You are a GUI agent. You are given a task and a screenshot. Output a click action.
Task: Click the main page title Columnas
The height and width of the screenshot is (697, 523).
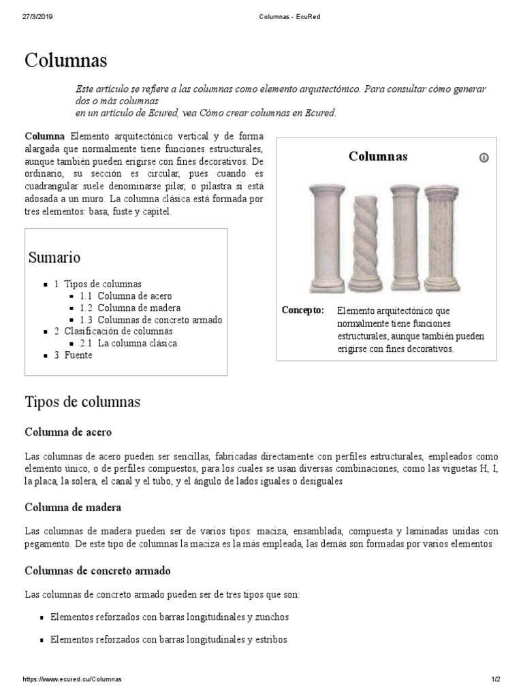click(x=66, y=61)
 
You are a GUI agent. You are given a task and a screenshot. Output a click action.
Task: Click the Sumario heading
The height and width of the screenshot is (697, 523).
click(x=54, y=257)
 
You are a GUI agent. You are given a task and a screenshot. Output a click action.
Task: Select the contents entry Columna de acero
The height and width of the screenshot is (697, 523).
click(x=134, y=296)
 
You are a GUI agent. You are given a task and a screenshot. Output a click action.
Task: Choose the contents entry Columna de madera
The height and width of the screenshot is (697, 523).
click(x=139, y=308)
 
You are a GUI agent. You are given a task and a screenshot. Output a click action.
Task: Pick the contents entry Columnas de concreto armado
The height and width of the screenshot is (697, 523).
click(x=159, y=320)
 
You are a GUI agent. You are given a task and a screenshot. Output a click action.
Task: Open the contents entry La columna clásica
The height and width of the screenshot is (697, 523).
click(x=137, y=343)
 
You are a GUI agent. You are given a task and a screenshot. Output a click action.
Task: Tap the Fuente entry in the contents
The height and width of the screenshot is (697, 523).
click(x=78, y=355)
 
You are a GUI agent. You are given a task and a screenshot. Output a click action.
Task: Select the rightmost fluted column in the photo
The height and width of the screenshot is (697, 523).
click(x=442, y=237)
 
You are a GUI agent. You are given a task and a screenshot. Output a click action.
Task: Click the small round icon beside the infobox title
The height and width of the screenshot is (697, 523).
click(x=484, y=158)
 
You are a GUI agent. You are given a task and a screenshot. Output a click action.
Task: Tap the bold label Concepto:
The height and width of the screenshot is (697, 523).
click(x=303, y=310)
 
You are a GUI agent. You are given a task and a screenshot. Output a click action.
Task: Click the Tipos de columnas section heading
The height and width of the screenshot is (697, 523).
click(x=82, y=402)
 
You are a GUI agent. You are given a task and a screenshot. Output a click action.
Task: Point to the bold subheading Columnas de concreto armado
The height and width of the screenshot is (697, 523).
click(x=97, y=570)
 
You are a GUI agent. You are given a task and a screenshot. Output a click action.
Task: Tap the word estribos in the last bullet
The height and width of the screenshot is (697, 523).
click(x=270, y=640)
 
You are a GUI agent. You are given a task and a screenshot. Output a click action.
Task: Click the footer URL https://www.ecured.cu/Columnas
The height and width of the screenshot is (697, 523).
click(x=72, y=680)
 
